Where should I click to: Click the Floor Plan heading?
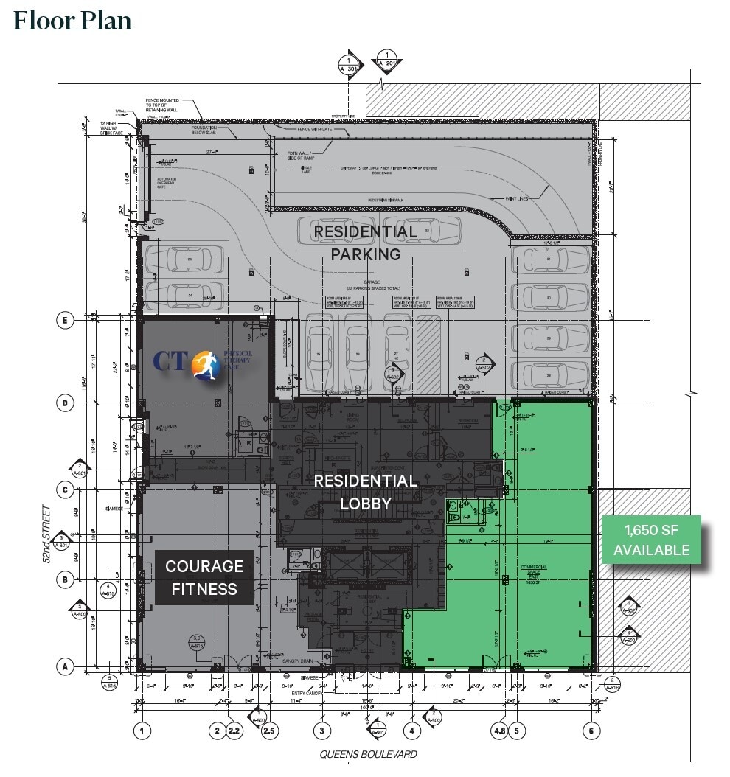[x=72, y=20]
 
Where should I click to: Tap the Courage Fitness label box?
[x=204, y=577]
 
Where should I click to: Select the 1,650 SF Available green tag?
[x=651, y=540]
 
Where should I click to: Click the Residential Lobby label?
[x=365, y=492]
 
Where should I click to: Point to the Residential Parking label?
[x=365, y=243]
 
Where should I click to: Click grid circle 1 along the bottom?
[x=142, y=731]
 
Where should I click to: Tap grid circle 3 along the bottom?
[x=322, y=731]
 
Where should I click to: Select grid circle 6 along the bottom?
[x=590, y=731]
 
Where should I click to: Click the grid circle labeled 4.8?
[x=499, y=731]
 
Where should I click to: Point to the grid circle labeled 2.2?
[x=235, y=731]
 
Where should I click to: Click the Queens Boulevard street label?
[x=368, y=754]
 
